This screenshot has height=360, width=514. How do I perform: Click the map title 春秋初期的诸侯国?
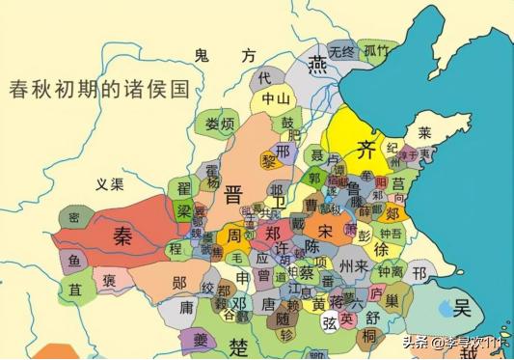pos(97,89)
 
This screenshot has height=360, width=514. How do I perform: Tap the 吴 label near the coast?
pos(463,309)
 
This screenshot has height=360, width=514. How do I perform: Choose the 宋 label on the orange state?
pos(325,232)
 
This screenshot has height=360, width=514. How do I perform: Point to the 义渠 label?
pos(113,183)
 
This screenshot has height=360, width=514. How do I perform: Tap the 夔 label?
pos(200,339)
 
